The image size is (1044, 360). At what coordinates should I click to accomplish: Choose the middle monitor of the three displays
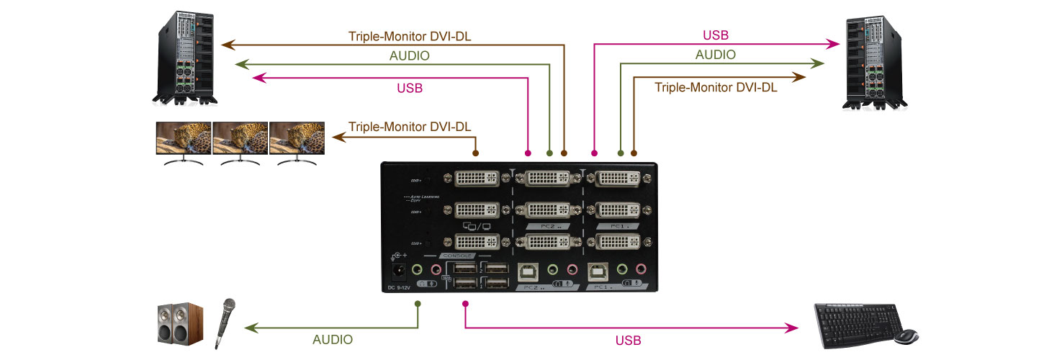tap(240, 142)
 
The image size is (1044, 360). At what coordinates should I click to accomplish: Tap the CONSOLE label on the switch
tap(456, 256)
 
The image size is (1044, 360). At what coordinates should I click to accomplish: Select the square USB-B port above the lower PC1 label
tap(597, 271)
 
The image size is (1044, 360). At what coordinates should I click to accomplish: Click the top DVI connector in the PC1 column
tap(620, 178)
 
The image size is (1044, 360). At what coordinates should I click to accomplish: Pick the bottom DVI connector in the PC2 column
tap(547, 243)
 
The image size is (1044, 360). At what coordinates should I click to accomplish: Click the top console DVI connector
tap(477, 178)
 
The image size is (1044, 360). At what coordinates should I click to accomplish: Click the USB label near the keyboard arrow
tap(629, 340)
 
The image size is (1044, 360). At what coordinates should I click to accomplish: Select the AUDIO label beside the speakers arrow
tap(333, 339)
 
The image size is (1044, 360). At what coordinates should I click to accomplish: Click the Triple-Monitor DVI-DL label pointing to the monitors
tap(410, 127)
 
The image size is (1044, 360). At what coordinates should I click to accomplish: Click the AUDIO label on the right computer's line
tap(716, 55)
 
